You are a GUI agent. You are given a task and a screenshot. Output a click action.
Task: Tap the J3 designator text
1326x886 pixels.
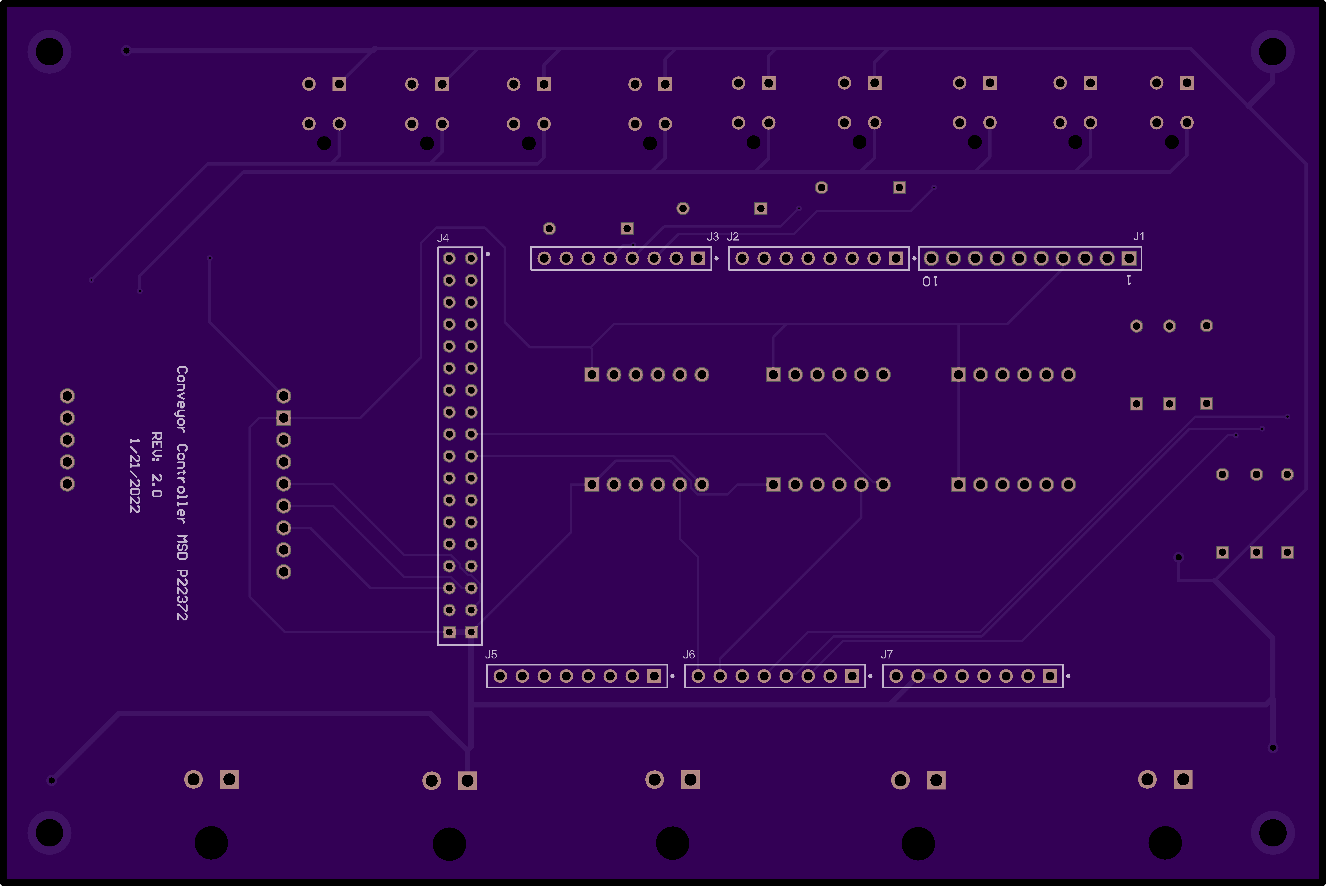[713, 236]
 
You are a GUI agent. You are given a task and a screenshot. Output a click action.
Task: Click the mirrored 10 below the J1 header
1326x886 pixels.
[930, 281]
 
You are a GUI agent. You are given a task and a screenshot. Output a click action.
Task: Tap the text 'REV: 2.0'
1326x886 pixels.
[157, 465]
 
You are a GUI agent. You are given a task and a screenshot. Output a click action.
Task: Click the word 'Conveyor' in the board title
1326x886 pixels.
[181, 399]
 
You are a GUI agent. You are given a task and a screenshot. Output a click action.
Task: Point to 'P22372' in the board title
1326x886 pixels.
[181, 594]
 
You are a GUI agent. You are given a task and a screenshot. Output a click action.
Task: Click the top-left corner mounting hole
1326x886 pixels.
[49, 51]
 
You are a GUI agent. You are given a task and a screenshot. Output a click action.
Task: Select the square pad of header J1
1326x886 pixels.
[1129, 258]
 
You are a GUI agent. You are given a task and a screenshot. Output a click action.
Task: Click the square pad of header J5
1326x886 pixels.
[654, 676]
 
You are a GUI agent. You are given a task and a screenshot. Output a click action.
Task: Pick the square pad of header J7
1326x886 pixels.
[1050, 676]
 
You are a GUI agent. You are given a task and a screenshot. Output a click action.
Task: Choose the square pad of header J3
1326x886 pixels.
[698, 258]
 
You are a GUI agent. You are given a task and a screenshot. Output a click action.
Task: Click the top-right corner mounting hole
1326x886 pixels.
[1272, 51]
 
